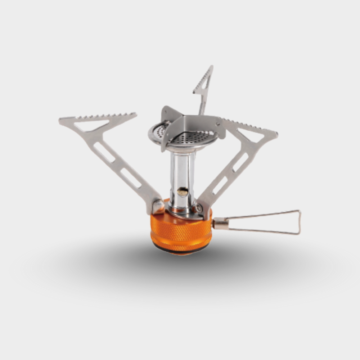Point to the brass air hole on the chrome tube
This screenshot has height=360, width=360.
[x=184, y=192]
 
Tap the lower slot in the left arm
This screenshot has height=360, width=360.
[x=130, y=178]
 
